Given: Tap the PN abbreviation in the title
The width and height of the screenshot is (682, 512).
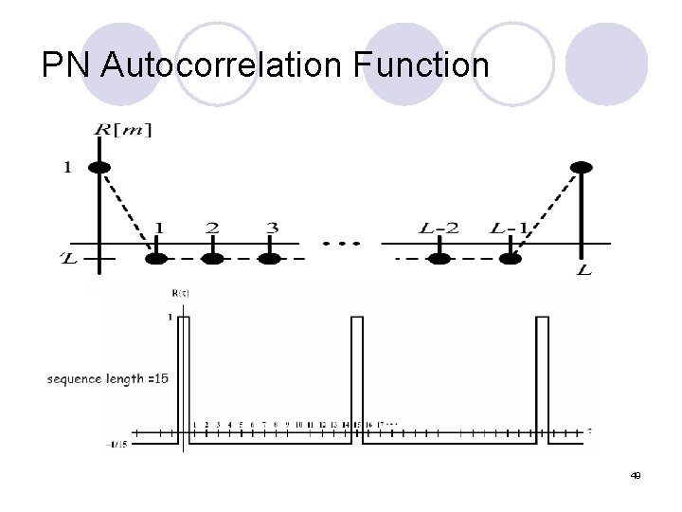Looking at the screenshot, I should [x=67, y=65].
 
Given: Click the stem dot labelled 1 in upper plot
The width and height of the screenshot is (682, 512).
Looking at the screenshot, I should [x=158, y=257].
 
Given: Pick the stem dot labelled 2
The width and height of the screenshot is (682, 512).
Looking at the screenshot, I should [x=213, y=257].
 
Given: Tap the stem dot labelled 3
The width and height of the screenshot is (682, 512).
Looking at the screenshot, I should [x=272, y=257].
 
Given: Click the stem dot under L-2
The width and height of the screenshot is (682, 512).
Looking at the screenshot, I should [x=439, y=257].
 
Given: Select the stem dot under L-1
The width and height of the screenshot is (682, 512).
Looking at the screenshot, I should [x=511, y=257].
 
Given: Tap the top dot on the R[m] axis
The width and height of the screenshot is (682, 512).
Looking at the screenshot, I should [x=99, y=168].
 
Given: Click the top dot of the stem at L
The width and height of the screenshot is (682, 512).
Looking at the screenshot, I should [x=582, y=168].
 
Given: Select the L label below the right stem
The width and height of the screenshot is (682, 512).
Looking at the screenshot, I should [x=583, y=271].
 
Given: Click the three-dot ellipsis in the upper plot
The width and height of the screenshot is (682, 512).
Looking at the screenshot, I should [x=341, y=243].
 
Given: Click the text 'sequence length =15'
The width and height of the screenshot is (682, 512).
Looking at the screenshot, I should [x=107, y=379].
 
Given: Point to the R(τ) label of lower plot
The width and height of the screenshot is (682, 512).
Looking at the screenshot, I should [x=180, y=295].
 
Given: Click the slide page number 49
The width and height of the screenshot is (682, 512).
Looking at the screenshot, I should [x=636, y=475].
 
